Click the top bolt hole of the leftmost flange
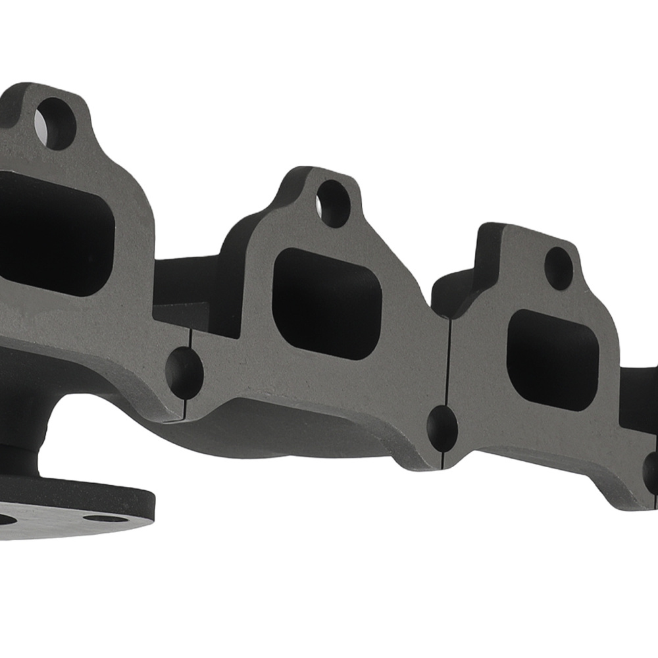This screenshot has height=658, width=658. point(56,123)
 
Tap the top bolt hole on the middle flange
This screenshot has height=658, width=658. point(334,203)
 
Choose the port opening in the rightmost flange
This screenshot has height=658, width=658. point(553,359)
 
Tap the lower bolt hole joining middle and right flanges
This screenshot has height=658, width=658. point(442,428)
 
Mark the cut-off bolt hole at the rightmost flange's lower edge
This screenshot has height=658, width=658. point(651,472)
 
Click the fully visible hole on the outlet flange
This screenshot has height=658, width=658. point(105,518)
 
